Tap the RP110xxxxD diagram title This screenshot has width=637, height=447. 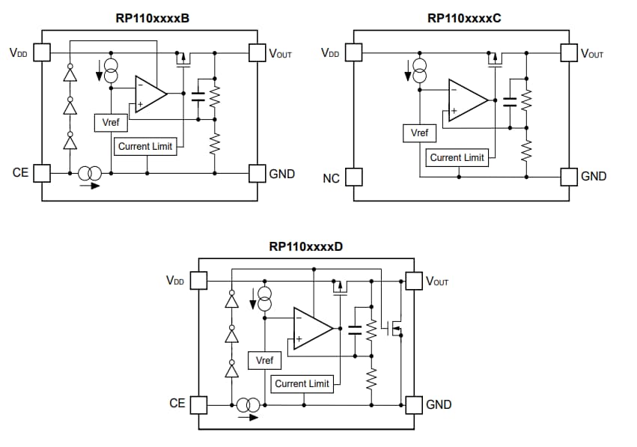305,246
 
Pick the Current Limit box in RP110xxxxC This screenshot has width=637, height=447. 457,158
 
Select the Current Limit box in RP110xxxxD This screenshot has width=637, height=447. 302,384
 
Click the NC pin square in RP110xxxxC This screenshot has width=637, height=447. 353,177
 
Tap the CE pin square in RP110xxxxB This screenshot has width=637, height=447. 42,174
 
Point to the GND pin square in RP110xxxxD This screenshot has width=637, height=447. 412,405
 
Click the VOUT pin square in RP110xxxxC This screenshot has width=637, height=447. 570,53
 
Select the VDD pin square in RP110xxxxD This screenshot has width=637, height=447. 198,280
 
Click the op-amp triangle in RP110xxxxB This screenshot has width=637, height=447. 149,94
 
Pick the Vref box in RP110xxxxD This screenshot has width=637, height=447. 265,361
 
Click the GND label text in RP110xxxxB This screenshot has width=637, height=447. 281,174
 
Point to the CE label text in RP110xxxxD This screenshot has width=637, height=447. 177,404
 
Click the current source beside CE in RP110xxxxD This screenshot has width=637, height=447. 249,406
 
